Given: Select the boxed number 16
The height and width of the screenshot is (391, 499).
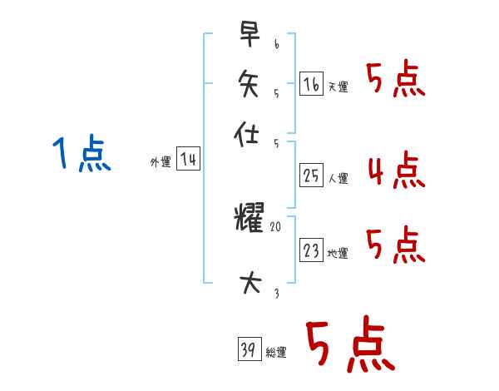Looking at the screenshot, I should pyautogui.click(x=311, y=83).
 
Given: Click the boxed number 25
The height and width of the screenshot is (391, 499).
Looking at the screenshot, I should pyautogui.click(x=311, y=175).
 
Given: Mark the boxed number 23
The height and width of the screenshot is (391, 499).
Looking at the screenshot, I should pyautogui.click(x=311, y=250).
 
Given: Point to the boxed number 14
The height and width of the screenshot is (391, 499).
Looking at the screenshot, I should pyautogui.click(x=188, y=160).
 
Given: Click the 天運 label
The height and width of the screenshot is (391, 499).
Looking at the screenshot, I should pyautogui.click(x=338, y=87).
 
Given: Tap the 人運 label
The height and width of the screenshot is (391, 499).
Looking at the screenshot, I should pyautogui.click(x=338, y=178).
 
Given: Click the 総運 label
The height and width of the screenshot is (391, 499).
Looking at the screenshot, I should pyautogui.click(x=276, y=353).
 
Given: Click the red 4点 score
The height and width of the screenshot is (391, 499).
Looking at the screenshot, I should pyautogui.click(x=395, y=171).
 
